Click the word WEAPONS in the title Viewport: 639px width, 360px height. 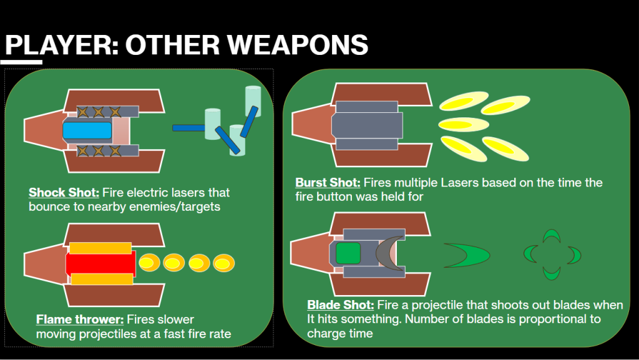298,44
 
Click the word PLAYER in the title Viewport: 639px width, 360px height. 59,44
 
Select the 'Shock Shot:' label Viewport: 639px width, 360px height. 64,192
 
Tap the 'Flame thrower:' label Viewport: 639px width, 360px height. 80,319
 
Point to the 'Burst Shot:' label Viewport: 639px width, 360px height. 328,182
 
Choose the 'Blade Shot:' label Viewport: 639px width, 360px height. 340,305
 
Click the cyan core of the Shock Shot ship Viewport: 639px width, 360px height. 87,130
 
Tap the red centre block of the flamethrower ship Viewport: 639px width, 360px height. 100,263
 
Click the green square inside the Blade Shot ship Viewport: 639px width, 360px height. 348,253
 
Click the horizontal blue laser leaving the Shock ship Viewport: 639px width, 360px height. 188,128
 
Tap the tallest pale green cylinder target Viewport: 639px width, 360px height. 253,102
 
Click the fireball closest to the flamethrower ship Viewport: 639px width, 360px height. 150,263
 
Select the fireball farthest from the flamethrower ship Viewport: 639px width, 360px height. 224,263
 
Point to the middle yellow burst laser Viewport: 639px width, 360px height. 464,124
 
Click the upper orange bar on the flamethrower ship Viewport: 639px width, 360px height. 100,248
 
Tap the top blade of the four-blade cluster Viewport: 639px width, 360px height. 552,236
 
